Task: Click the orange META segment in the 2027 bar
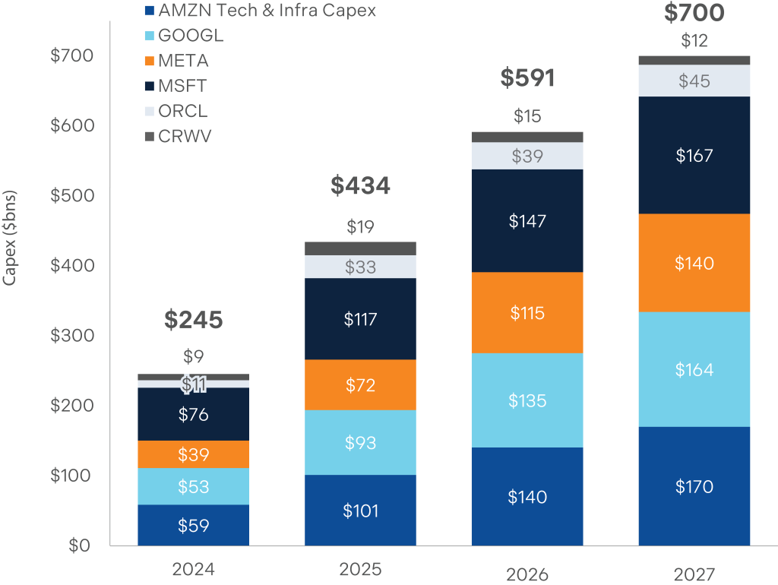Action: [694, 263]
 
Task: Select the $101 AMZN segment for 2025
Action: [360, 510]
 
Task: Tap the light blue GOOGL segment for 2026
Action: [527, 400]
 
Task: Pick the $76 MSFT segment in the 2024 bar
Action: [193, 414]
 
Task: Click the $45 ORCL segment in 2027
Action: [694, 81]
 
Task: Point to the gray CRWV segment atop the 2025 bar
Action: [360, 248]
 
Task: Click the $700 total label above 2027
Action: [694, 13]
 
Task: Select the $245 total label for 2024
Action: [193, 320]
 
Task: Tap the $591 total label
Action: [527, 78]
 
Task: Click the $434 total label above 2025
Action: [360, 185]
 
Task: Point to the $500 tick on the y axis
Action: [71, 195]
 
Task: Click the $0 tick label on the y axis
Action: [80, 545]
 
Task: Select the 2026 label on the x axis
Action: [527, 574]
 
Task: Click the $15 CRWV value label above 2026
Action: [527, 116]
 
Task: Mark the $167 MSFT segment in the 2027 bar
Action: [694, 156]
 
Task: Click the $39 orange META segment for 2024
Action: [193, 454]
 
